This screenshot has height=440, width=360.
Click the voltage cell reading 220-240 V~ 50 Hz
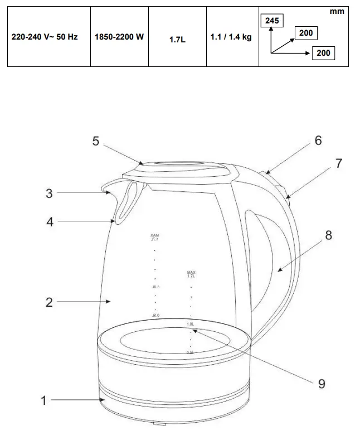click(x=45, y=37)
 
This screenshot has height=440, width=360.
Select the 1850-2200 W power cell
click(x=119, y=37)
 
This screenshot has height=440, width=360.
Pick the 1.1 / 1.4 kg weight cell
click(x=231, y=37)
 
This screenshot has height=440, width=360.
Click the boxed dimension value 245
click(x=272, y=21)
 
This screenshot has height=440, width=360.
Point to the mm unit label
click(x=337, y=12)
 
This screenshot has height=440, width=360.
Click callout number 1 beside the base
click(x=43, y=400)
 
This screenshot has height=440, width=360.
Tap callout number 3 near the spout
click(x=49, y=193)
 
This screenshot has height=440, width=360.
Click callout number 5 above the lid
click(x=96, y=141)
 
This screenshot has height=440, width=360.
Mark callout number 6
click(x=318, y=140)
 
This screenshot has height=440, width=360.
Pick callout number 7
click(x=338, y=163)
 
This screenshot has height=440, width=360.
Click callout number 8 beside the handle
click(x=328, y=235)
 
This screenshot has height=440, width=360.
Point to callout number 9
click(x=321, y=383)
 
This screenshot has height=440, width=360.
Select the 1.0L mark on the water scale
click(x=190, y=324)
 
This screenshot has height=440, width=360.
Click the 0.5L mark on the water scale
click(x=190, y=352)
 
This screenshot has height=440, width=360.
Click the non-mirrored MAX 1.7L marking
click(x=191, y=274)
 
